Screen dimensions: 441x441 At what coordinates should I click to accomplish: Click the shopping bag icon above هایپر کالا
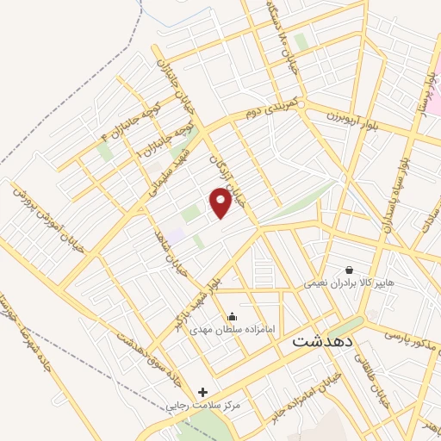349,269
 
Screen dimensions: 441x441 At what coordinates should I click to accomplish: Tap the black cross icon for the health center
202,392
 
